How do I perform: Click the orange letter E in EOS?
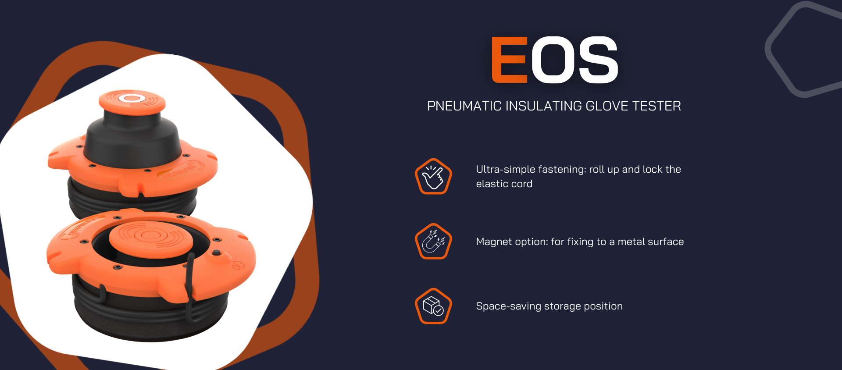click(510, 60)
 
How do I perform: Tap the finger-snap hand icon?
click(433, 176)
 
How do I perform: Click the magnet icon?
click(433, 241)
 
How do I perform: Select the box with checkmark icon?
click(433, 306)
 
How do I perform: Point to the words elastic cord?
click(504, 184)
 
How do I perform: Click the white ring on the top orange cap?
click(132, 98)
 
